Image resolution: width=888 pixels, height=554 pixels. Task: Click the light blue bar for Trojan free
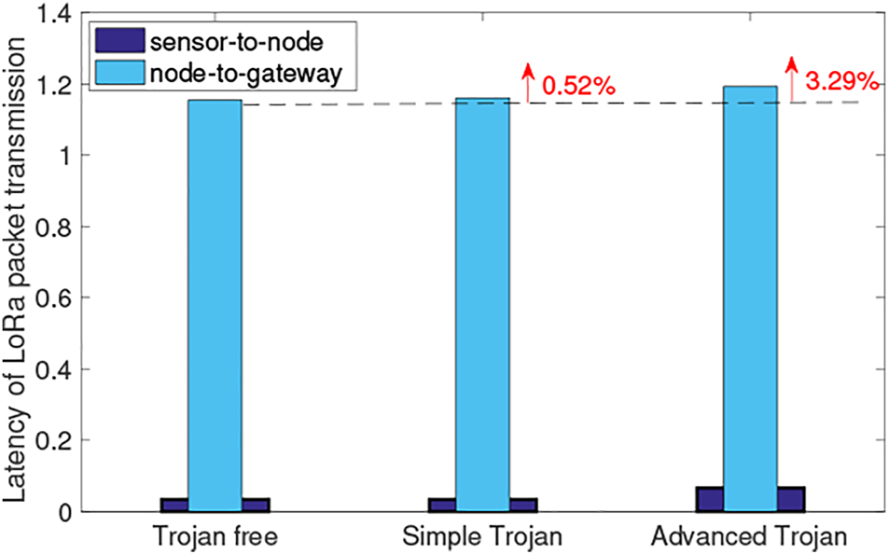(x=215, y=308)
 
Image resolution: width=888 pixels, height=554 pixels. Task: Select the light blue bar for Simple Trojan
(x=482, y=308)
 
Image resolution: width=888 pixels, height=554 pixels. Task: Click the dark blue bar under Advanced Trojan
(x=791, y=499)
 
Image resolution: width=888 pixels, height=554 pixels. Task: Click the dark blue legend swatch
(x=120, y=41)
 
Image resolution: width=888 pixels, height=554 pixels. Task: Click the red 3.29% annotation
(x=841, y=82)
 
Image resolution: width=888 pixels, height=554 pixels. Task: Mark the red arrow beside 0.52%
(x=528, y=82)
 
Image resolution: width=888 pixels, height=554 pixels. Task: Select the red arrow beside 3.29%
(x=791, y=77)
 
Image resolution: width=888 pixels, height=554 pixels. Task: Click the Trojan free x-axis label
(x=215, y=538)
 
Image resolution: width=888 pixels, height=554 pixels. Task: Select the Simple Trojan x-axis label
(x=482, y=538)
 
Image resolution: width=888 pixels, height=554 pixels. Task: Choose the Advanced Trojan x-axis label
(x=750, y=538)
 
